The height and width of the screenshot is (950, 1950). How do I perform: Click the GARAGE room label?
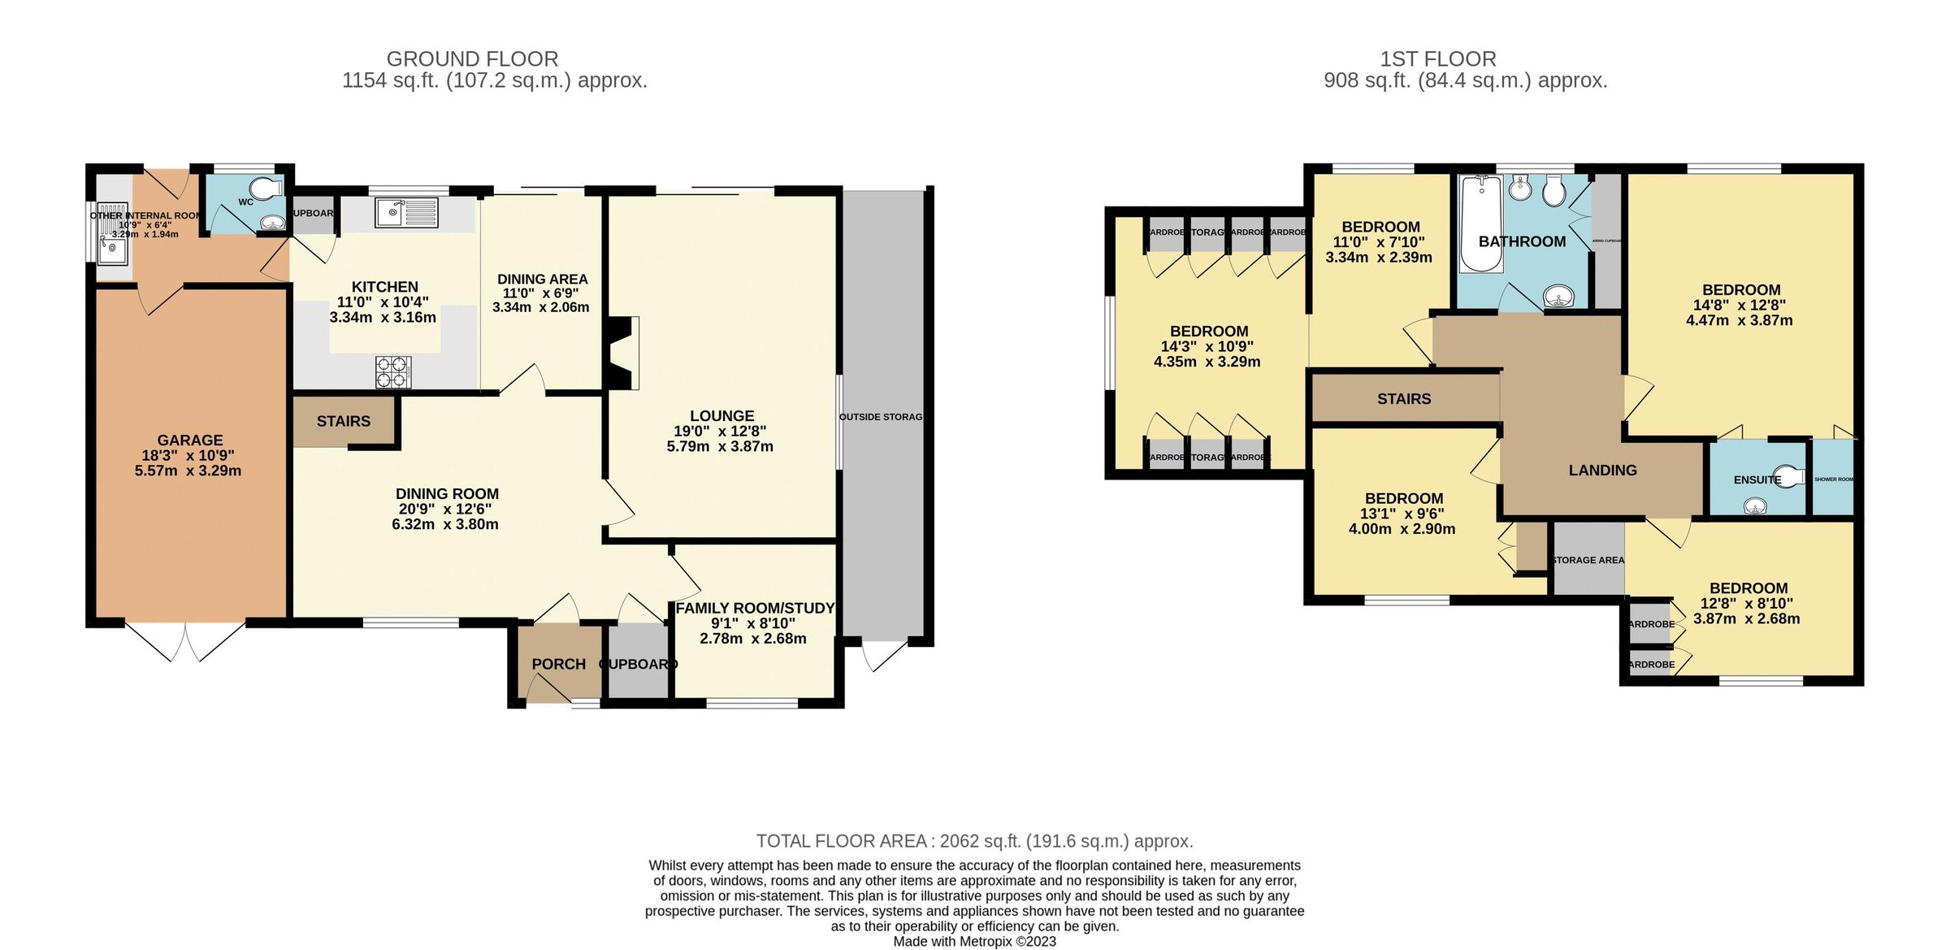click(x=189, y=440)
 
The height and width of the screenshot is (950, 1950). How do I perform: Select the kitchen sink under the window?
click(x=405, y=213)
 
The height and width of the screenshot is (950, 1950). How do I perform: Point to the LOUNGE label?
click(x=721, y=415)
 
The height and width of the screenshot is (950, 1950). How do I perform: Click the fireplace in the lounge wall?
click(x=622, y=353)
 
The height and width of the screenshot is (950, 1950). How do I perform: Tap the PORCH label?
click(x=558, y=664)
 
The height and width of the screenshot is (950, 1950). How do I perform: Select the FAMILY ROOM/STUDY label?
click(x=755, y=608)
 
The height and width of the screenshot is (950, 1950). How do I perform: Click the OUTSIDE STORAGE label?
click(x=881, y=417)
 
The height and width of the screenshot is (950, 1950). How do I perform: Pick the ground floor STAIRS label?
click(x=343, y=421)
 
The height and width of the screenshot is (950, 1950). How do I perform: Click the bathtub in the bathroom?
click(x=1481, y=223)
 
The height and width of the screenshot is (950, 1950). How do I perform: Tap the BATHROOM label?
click(x=1522, y=241)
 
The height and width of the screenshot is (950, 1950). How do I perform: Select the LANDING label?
click(x=1602, y=470)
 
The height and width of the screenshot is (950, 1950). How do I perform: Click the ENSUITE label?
click(x=1757, y=479)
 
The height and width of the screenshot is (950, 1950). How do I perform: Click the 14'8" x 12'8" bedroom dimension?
click(x=1740, y=305)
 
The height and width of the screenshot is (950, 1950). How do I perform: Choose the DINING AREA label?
click(x=542, y=279)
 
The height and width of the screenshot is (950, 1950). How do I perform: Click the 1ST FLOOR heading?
click(x=1437, y=59)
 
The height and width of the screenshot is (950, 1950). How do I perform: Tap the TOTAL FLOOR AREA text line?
click(x=974, y=841)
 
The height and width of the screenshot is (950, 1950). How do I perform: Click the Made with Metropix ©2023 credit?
click(x=974, y=941)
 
